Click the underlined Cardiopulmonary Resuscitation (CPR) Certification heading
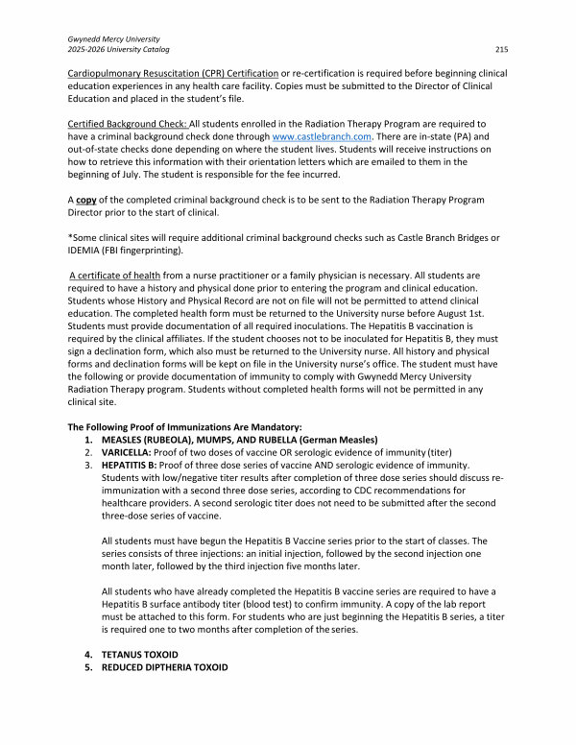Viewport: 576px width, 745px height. click(172, 74)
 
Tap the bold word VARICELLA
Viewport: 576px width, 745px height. click(130, 451)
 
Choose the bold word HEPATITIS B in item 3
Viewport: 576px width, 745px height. click(133, 465)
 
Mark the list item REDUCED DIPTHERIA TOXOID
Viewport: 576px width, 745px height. click(165, 667)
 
